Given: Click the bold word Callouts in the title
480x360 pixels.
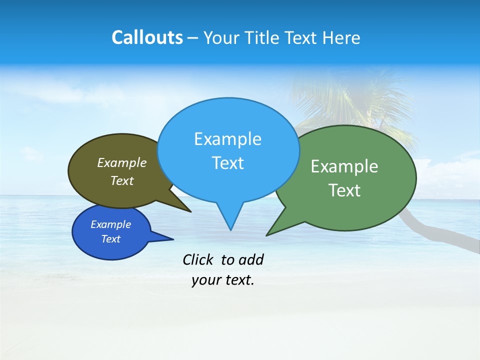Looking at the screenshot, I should point(147,37).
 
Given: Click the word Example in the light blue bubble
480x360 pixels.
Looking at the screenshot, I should point(227,139).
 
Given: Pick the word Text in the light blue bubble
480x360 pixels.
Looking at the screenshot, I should point(227,163).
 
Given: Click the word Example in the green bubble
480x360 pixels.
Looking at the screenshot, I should point(344,166).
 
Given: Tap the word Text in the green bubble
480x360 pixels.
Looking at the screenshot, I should point(344,190).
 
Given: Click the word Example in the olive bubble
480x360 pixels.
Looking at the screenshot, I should point(121,163).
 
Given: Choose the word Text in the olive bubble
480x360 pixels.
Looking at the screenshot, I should point(121,181).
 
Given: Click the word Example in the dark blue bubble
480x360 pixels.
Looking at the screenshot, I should point(110,224).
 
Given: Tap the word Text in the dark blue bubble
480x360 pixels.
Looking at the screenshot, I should point(110,239).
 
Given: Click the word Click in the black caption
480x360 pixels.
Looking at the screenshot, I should point(197,259).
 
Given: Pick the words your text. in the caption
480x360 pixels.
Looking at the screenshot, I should point(222,280).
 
